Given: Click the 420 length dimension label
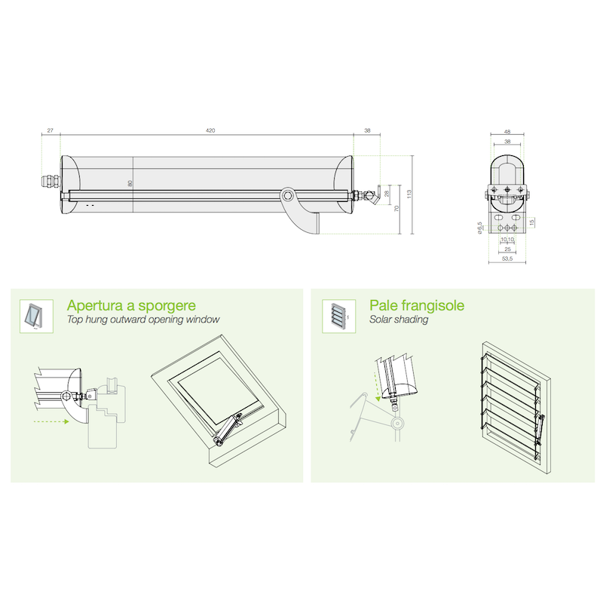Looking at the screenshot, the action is tap(210, 130).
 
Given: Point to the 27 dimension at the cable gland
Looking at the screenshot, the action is tap(50, 130).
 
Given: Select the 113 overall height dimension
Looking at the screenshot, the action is tap(409, 194).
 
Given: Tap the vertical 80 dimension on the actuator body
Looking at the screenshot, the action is tap(130, 183).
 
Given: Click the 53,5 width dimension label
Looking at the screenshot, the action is tap(507, 259).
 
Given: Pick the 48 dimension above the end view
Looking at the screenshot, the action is tap(507, 132).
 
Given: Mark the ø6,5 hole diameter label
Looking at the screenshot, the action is tap(479, 228).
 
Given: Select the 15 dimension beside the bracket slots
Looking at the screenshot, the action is tap(532, 222).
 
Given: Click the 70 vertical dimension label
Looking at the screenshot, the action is tap(396, 209).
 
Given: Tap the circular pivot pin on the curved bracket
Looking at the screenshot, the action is tap(286, 196).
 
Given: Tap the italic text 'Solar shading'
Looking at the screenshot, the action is tap(399, 320).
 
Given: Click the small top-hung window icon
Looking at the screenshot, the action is tap(36, 316).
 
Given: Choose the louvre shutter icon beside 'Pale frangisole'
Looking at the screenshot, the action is tap(338, 316).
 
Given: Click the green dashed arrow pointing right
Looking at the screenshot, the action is tap(51, 421).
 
